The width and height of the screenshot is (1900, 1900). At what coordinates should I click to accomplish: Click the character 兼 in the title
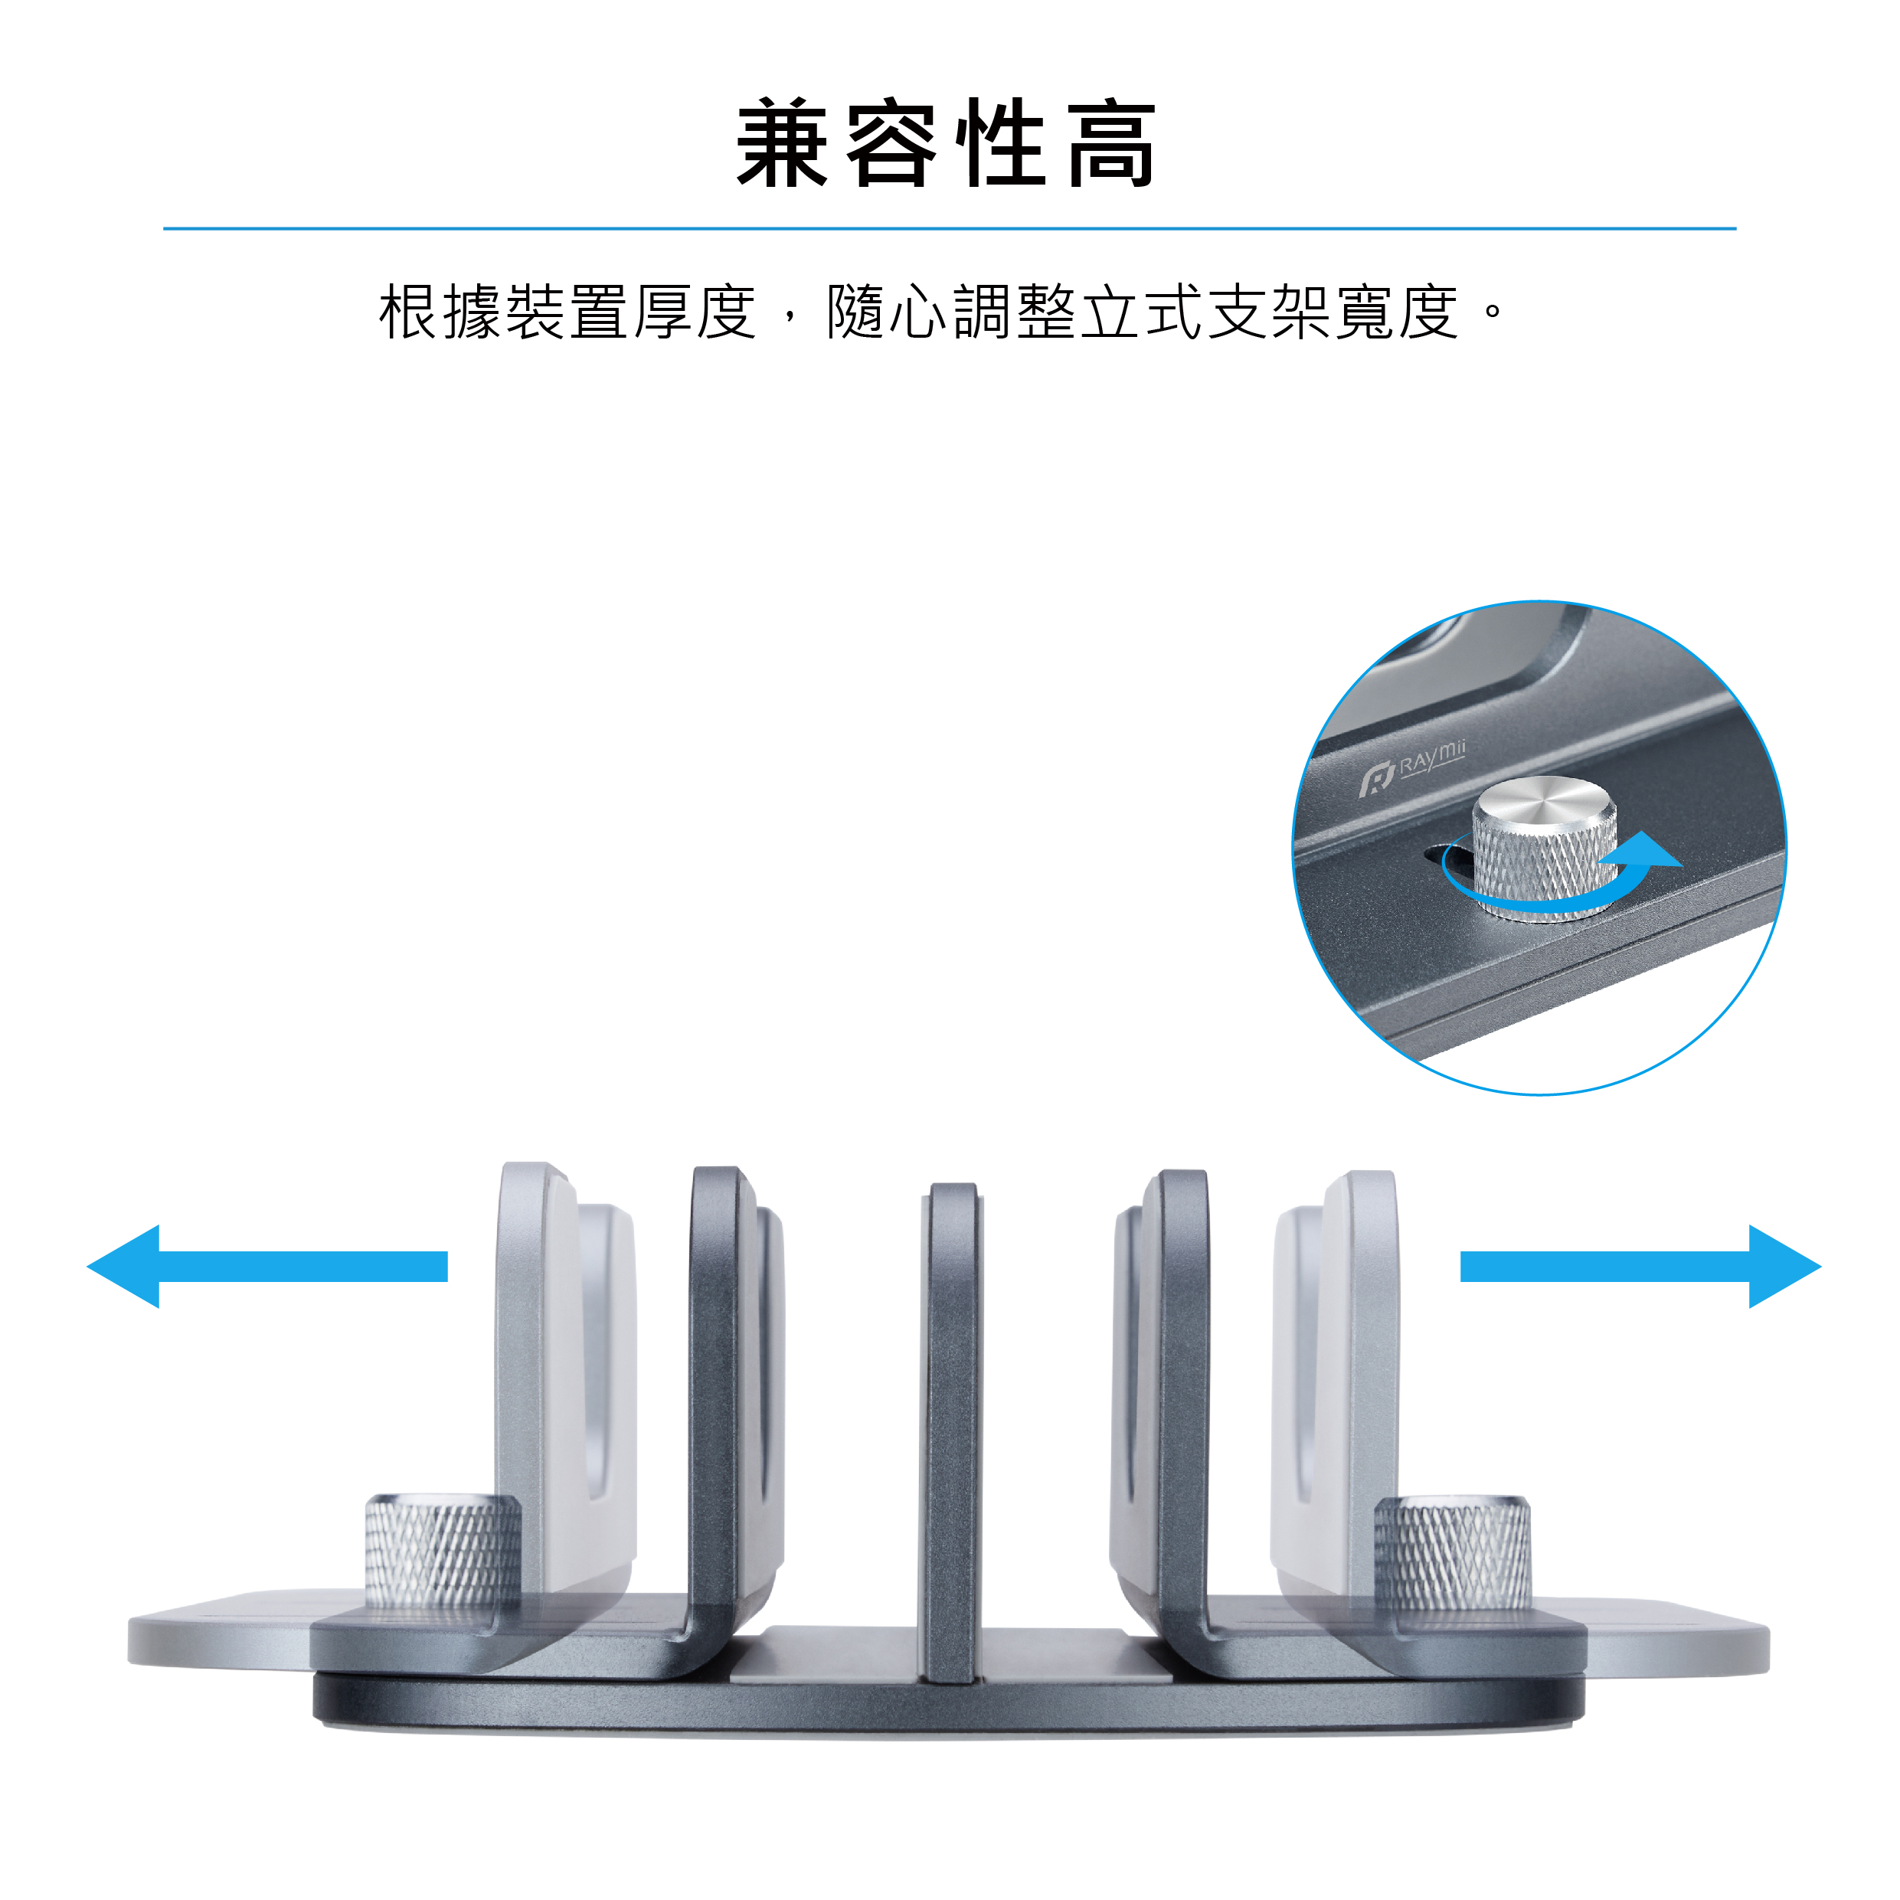[x=782, y=143]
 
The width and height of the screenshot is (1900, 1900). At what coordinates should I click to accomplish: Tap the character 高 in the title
[x=1111, y=143]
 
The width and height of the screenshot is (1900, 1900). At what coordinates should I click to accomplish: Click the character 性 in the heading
[x=1001, y=143]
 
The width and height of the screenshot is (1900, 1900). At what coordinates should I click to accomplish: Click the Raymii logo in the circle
[x=1411, y=768]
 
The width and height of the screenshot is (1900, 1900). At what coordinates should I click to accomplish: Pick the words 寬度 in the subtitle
[x=1397, y=312]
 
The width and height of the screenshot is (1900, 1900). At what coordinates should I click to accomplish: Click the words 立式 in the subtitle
[x=1142, y=312]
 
